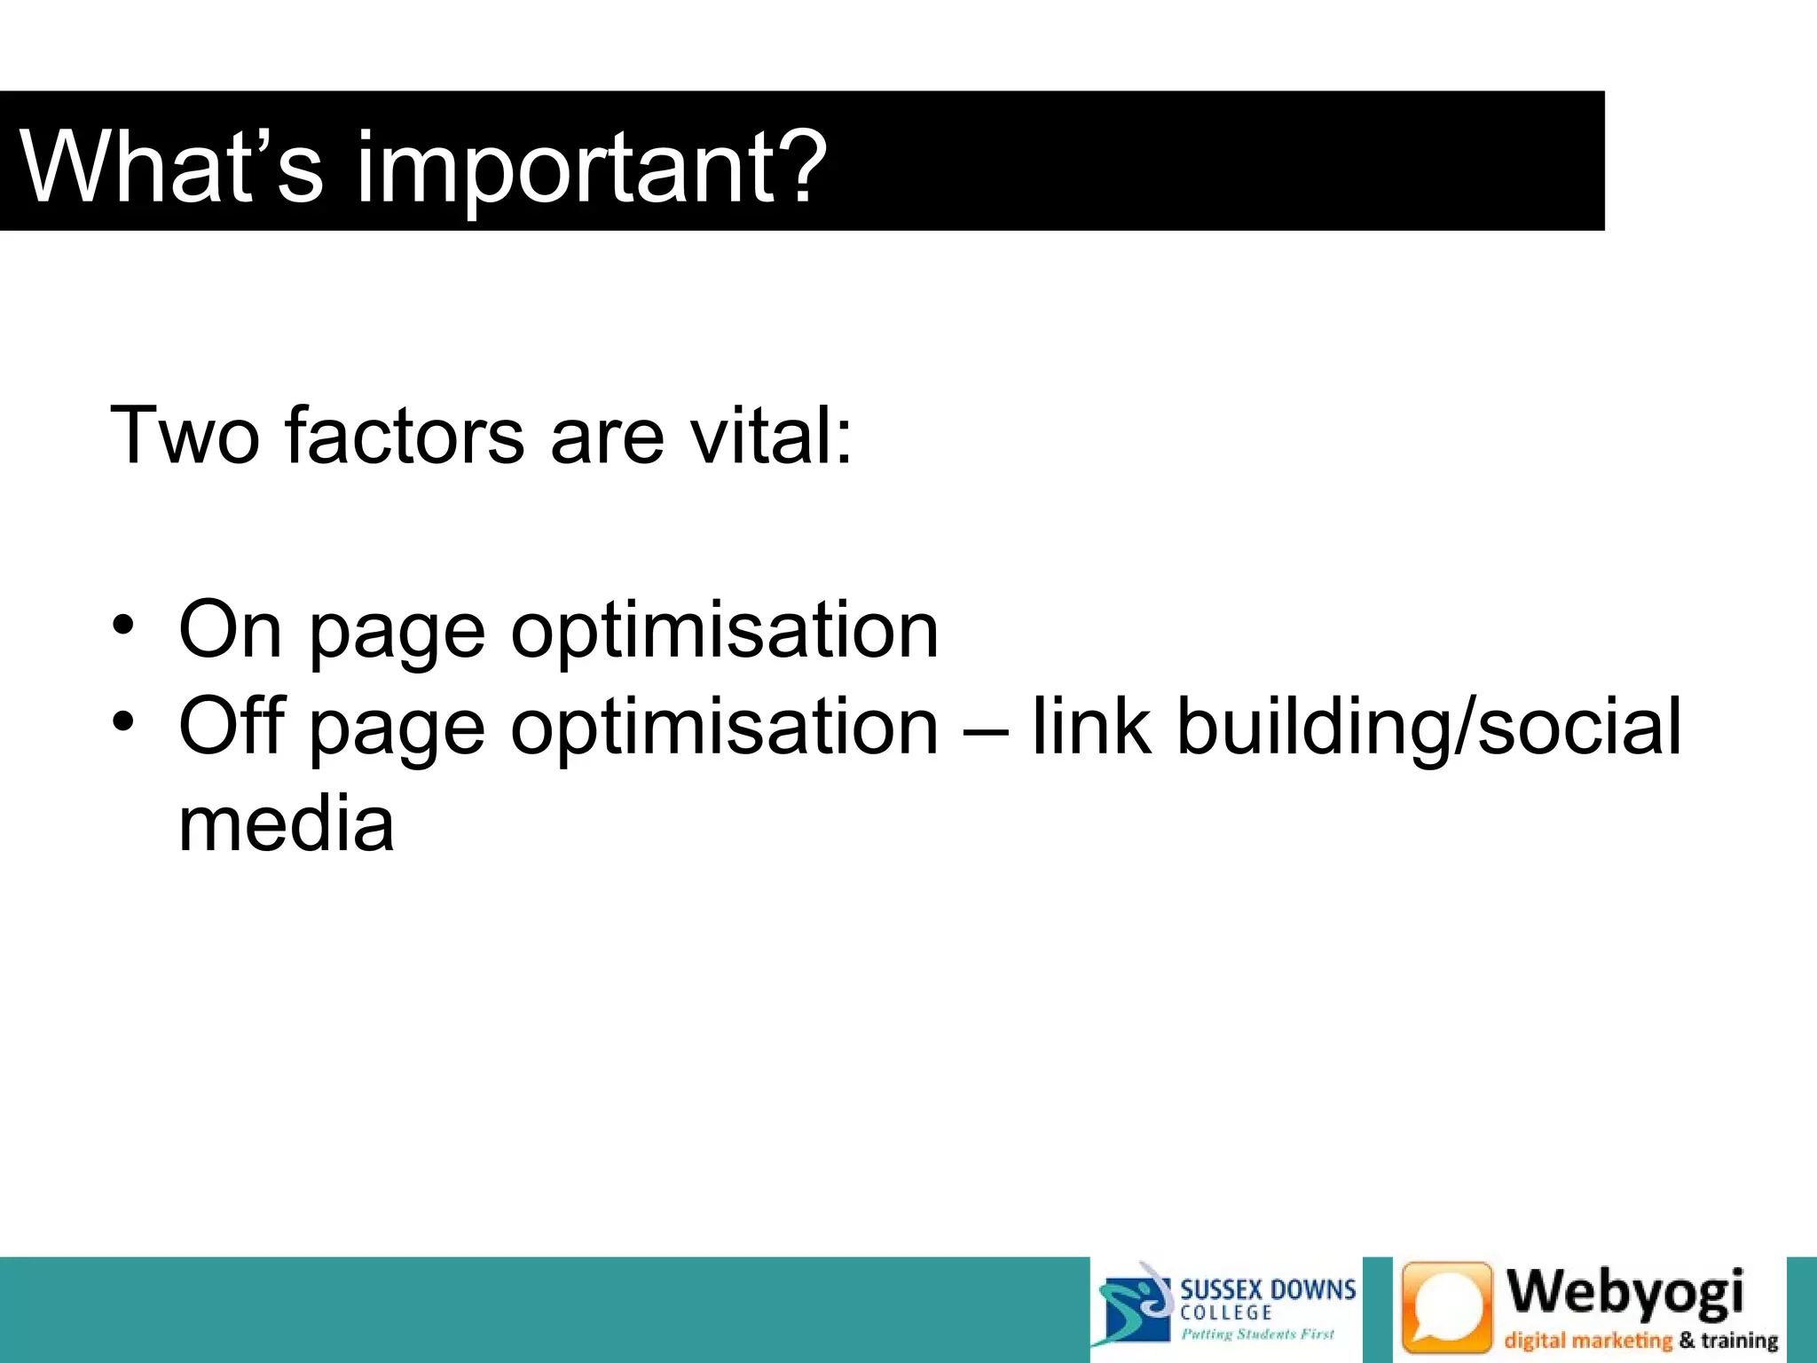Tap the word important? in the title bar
pyautogui.click(x=591, y=169)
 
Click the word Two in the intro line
pyautogui.click(x=185, y=435)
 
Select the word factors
pyautogui.click(x=405, y=435)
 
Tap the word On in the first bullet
pyautogui.click(x=230, y=629)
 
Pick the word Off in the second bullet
pyautogui.click(x=232, y=725)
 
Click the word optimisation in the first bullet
pyautogui.click(x=724, y=631)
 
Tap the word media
pyautogui.click(x=286, y=823)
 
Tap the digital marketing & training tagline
pyautogui.click(x=1640, y=1340)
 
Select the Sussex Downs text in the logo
pyautogui.click(x=1267, y=1288)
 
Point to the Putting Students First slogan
pyautogui.click(x=1257, y=1334)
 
